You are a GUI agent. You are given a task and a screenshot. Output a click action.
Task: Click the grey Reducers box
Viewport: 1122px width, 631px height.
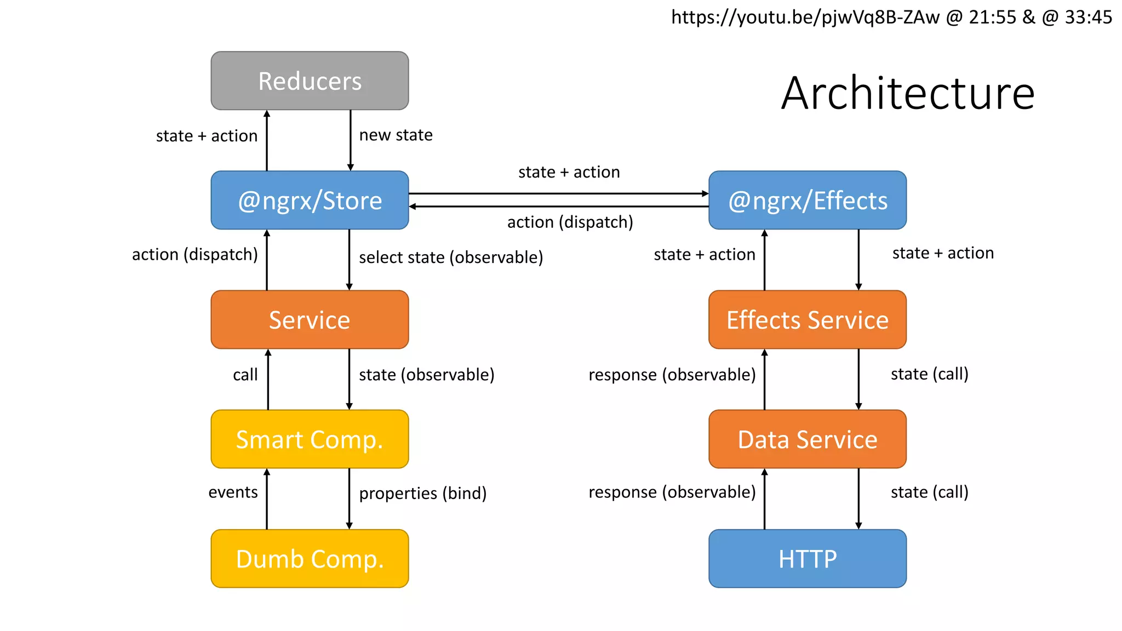[310, 81]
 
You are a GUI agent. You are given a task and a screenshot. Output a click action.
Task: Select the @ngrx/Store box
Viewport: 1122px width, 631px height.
[310, 200]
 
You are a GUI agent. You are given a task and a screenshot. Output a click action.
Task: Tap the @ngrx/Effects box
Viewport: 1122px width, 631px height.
[807, 200]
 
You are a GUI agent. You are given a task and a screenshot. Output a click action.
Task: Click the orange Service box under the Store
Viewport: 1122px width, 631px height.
[310, 320]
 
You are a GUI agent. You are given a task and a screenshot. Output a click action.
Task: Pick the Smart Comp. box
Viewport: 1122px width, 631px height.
[310, 439]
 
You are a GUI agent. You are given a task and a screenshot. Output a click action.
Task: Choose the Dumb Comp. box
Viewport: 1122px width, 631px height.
[310, 559]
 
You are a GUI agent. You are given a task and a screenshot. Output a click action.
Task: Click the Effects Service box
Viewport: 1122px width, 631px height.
[807, 320]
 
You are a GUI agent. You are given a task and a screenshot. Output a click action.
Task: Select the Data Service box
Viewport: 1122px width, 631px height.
[807, 439]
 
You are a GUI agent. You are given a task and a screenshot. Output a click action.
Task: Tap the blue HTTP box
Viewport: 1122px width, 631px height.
[807, 559]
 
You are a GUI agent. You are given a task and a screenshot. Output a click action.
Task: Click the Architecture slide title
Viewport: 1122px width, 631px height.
[907, 93]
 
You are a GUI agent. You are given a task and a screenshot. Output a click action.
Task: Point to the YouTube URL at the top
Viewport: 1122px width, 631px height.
[891, 18]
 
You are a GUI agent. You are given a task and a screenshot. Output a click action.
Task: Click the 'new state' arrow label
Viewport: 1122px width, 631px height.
[396, 135]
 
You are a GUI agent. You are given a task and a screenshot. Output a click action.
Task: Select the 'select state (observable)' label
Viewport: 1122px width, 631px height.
[451, 257]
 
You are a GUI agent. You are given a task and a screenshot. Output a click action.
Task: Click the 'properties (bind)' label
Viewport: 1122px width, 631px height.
[422, 493]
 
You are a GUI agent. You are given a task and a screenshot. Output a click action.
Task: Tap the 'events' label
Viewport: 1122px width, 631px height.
[233, 492]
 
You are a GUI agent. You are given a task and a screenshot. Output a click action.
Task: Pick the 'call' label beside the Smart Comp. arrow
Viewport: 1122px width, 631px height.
[245, 375]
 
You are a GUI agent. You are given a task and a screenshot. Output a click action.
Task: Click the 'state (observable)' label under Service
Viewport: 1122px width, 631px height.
[426, 375]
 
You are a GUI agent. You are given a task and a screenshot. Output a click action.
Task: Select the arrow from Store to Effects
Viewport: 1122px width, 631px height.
[559, 193]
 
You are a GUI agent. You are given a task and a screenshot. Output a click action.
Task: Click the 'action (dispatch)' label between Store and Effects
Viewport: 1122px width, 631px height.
[570, 222]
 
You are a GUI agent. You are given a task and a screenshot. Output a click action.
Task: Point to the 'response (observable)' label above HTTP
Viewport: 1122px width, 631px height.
[672, 492]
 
